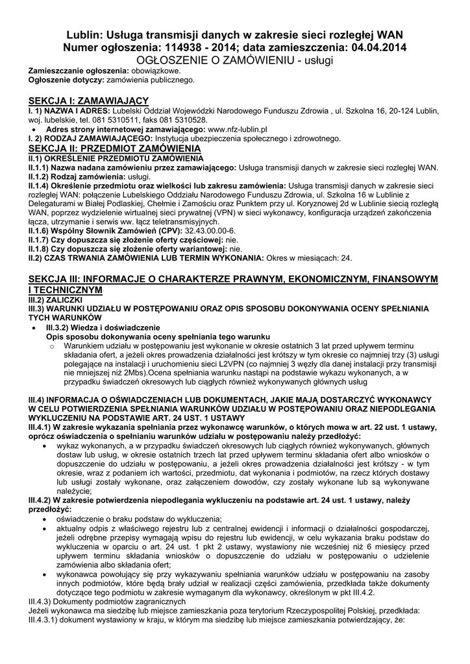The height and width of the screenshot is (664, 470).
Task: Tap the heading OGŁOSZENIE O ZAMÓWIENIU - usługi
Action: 235,60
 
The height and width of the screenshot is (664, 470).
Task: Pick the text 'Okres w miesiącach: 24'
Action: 308,257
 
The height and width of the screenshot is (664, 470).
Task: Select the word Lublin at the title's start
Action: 86,34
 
